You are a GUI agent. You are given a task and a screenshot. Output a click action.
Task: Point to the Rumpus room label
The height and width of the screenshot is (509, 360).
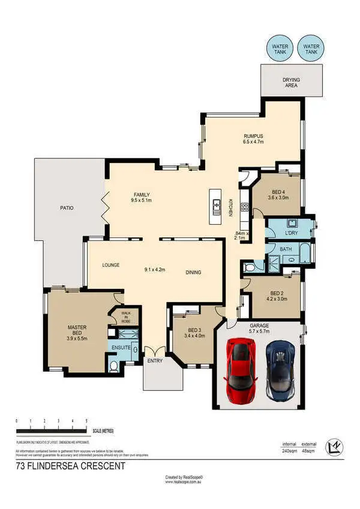click(253, 140)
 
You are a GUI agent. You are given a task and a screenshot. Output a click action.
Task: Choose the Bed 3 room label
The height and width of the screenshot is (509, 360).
click(195, 333)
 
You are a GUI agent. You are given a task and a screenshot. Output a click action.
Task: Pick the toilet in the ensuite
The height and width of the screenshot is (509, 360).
click(114, 365)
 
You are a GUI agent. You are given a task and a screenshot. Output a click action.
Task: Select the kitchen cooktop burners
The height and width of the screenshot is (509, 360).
click(244, 208)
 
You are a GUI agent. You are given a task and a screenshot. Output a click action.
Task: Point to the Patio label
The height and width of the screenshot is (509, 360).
click(66, 208)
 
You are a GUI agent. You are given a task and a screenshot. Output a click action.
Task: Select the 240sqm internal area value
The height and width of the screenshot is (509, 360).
click(291, 450)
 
